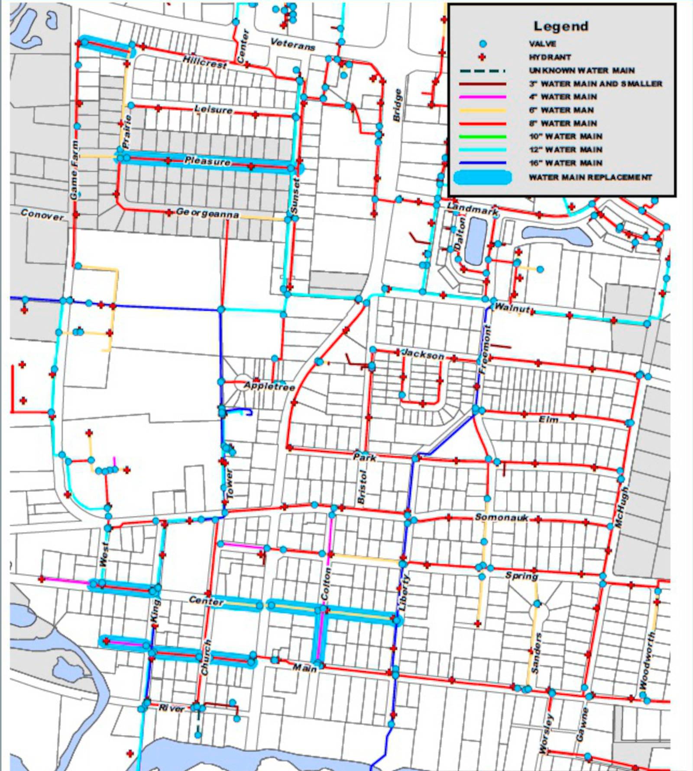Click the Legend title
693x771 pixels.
560,26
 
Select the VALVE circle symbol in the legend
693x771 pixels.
483,44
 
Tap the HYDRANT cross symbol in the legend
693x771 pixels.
483,57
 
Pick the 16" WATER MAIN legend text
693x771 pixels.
565,163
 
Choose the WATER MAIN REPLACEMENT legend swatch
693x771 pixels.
483,177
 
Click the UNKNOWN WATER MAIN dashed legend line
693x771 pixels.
483,71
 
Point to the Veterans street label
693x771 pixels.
292,44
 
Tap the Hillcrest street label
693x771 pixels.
204,62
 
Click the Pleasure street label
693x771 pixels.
207,161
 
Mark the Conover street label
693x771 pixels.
42,215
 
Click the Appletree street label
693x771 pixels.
269,386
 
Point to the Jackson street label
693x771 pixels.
423,354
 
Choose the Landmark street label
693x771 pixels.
472,208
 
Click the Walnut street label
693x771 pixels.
512,308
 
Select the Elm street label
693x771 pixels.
548,419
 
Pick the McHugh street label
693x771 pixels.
621,507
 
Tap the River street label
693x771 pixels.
172,708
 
